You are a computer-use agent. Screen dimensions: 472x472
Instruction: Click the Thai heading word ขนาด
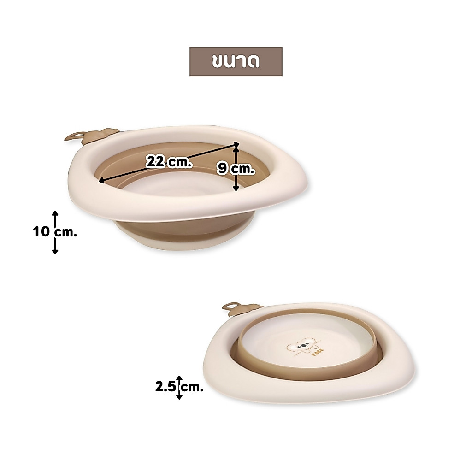coord(236,62)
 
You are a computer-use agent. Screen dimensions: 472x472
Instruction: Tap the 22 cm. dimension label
coord(169,162)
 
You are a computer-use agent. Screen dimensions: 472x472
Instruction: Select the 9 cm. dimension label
coord(236,169)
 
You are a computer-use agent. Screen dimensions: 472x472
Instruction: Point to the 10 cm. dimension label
coord(55,232)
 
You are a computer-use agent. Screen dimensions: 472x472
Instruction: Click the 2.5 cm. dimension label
coord(179,387)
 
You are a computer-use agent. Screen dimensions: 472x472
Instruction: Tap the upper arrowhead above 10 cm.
coord(55,213)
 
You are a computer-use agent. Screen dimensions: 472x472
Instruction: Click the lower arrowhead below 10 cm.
coord(55,251)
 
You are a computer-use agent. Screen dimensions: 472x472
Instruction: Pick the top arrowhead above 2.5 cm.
coord(179,378)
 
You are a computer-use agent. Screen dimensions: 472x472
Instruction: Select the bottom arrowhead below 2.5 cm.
coord(179,397)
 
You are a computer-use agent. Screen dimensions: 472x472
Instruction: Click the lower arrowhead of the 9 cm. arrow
coord(236,188)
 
